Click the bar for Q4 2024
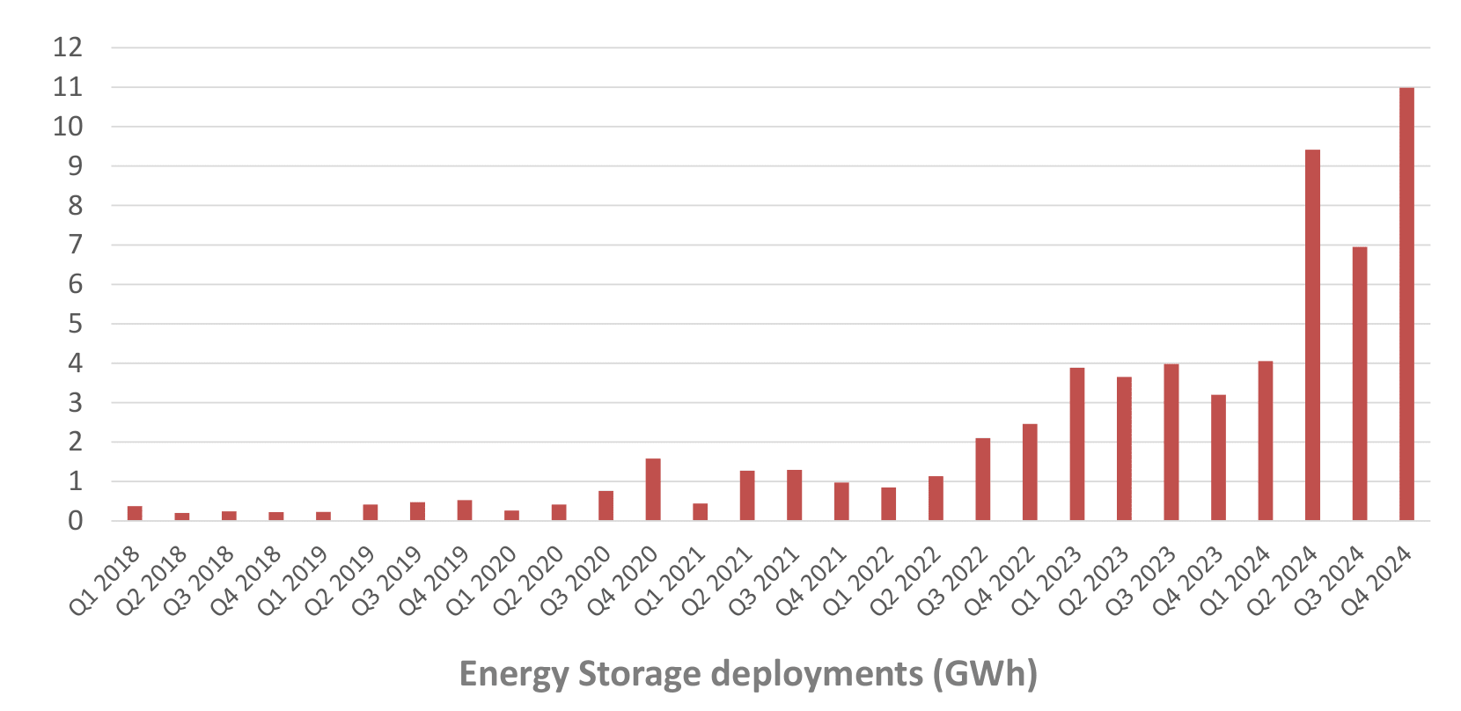click(1406, 304)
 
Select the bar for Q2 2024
click(1312, 335)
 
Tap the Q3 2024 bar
click(1360, 384)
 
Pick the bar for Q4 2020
click(653, 489)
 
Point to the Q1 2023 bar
click(1077, 444)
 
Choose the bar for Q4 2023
click(1218, 458)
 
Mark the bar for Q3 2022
click(983, 480)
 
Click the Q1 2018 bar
click(135, 513)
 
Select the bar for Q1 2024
click(1266, 441)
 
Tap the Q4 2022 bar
click(1030, 473)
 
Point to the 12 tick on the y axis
click(68, 48)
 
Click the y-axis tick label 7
click(75, 245)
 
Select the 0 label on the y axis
click(75, 521)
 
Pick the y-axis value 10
click(68, 127)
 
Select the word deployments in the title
click(817, 674)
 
